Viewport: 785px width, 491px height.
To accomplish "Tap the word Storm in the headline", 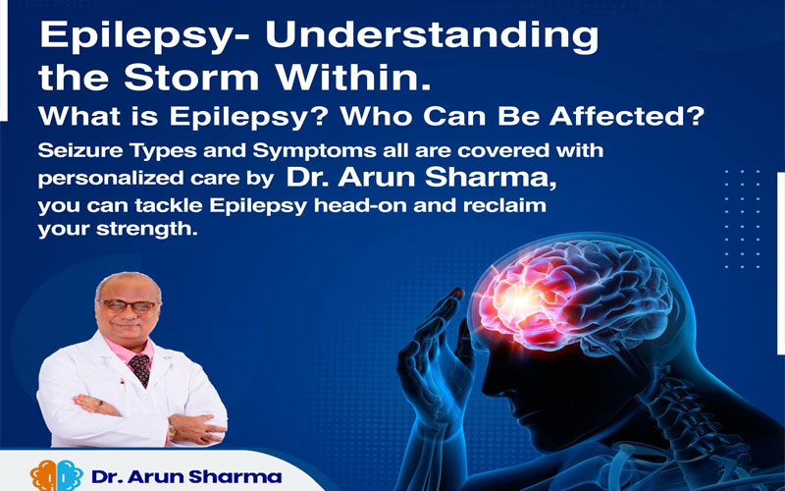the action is (191, 78).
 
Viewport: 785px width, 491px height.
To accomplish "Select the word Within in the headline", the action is (353, 78).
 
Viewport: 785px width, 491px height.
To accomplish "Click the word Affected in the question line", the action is (627, 116).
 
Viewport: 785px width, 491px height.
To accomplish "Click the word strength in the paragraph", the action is (144, 229).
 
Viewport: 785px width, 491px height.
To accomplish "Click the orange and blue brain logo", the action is (57, 475).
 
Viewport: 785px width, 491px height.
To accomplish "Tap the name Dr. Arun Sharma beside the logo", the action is (186, 476).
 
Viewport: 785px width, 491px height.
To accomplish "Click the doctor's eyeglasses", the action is (129, 306).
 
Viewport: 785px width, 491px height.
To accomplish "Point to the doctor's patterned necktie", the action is (139, 369).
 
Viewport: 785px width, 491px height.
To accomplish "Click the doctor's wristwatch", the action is (172, 432).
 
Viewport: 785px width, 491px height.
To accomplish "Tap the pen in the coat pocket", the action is (122, 385).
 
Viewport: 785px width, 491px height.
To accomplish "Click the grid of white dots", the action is (743, 219).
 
